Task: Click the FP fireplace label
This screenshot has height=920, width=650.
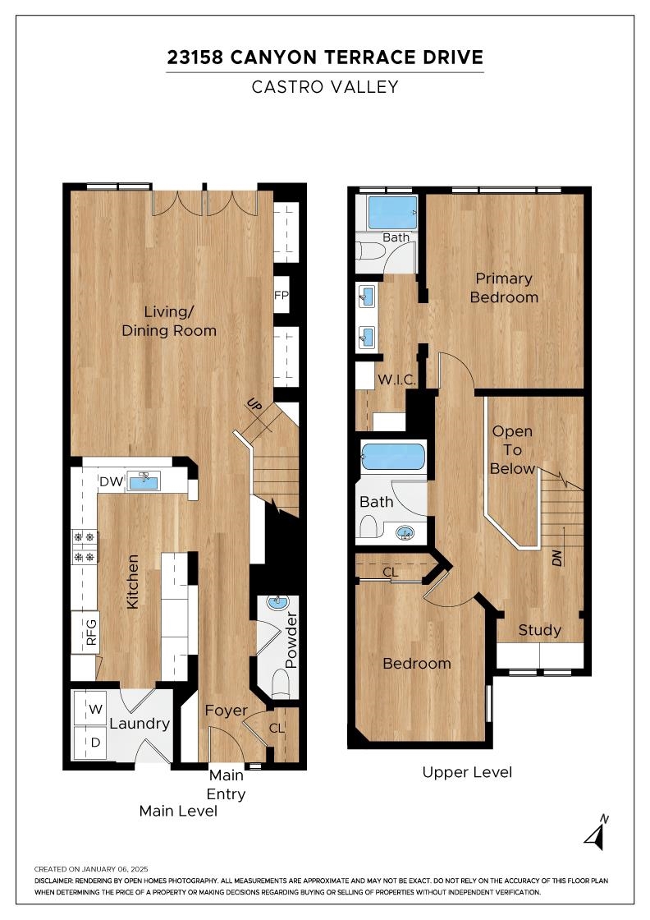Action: point(282,295)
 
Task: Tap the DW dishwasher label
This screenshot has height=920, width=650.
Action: point(111,481)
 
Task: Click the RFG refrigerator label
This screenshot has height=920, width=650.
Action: point(91,632)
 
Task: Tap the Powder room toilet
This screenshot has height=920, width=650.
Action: point(282,683)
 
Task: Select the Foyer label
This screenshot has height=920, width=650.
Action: point(227,711)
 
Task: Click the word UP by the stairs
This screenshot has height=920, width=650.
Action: point(254,405)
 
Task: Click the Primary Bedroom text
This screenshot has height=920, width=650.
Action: point(504,287)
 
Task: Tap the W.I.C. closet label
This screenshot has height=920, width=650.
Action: point(396,379)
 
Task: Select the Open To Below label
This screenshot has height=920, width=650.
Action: point(513,450)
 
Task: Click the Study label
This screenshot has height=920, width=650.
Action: point(540,630)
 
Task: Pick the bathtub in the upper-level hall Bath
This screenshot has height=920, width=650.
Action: point(392,456)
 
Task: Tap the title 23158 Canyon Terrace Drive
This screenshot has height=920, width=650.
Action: point(325,57)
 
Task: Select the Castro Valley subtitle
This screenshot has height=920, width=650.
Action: point(325,87)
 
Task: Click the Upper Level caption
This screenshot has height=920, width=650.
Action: point(467,772)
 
